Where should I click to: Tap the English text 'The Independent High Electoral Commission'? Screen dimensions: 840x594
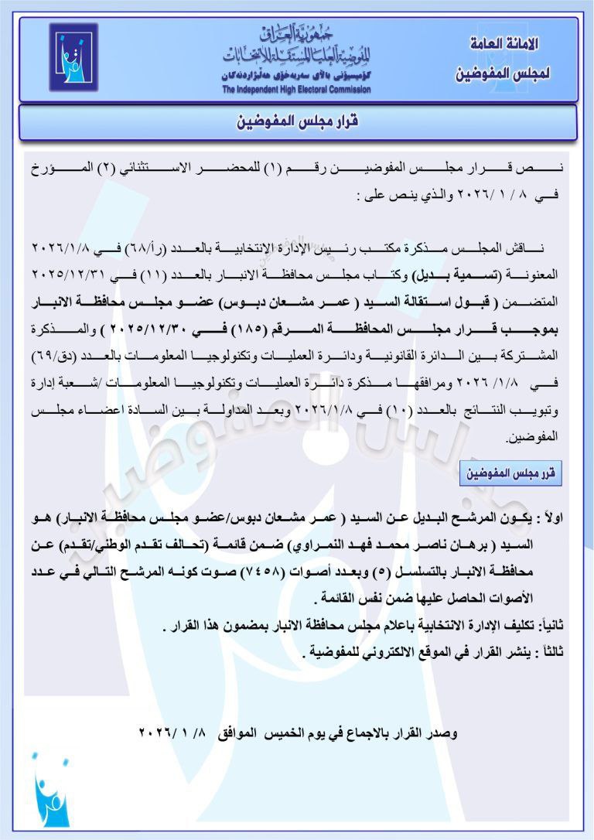[x=296, y=90]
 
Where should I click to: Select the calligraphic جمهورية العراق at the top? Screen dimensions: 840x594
[x=298, y=34]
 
